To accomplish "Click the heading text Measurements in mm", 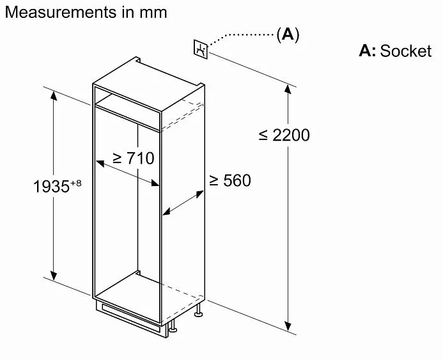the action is tap(86, 12).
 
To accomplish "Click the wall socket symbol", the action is tap(201, 49).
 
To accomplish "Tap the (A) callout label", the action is tap(288, 35).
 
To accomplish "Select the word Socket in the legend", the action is tap(406, 51).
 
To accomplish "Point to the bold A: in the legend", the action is tap(368, 51).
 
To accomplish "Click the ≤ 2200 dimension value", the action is tap(284, 135).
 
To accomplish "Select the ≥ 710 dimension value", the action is tap(134, 158).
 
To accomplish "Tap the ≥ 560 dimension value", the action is tap(230, 180).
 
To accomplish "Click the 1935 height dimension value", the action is tap(51, 187).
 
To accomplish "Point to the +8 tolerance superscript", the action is tap(75, 183).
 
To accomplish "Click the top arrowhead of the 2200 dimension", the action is tap(288, 90).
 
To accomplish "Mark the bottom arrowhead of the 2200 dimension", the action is tap(288, 326).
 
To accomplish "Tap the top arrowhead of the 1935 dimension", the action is tap(54, 96).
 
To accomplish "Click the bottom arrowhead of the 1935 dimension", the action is tap(54, 276).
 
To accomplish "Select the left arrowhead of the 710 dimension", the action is tap(100, 163).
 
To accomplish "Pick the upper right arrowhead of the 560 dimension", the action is tap(199, 194).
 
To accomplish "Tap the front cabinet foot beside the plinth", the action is tap(173, 326).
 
